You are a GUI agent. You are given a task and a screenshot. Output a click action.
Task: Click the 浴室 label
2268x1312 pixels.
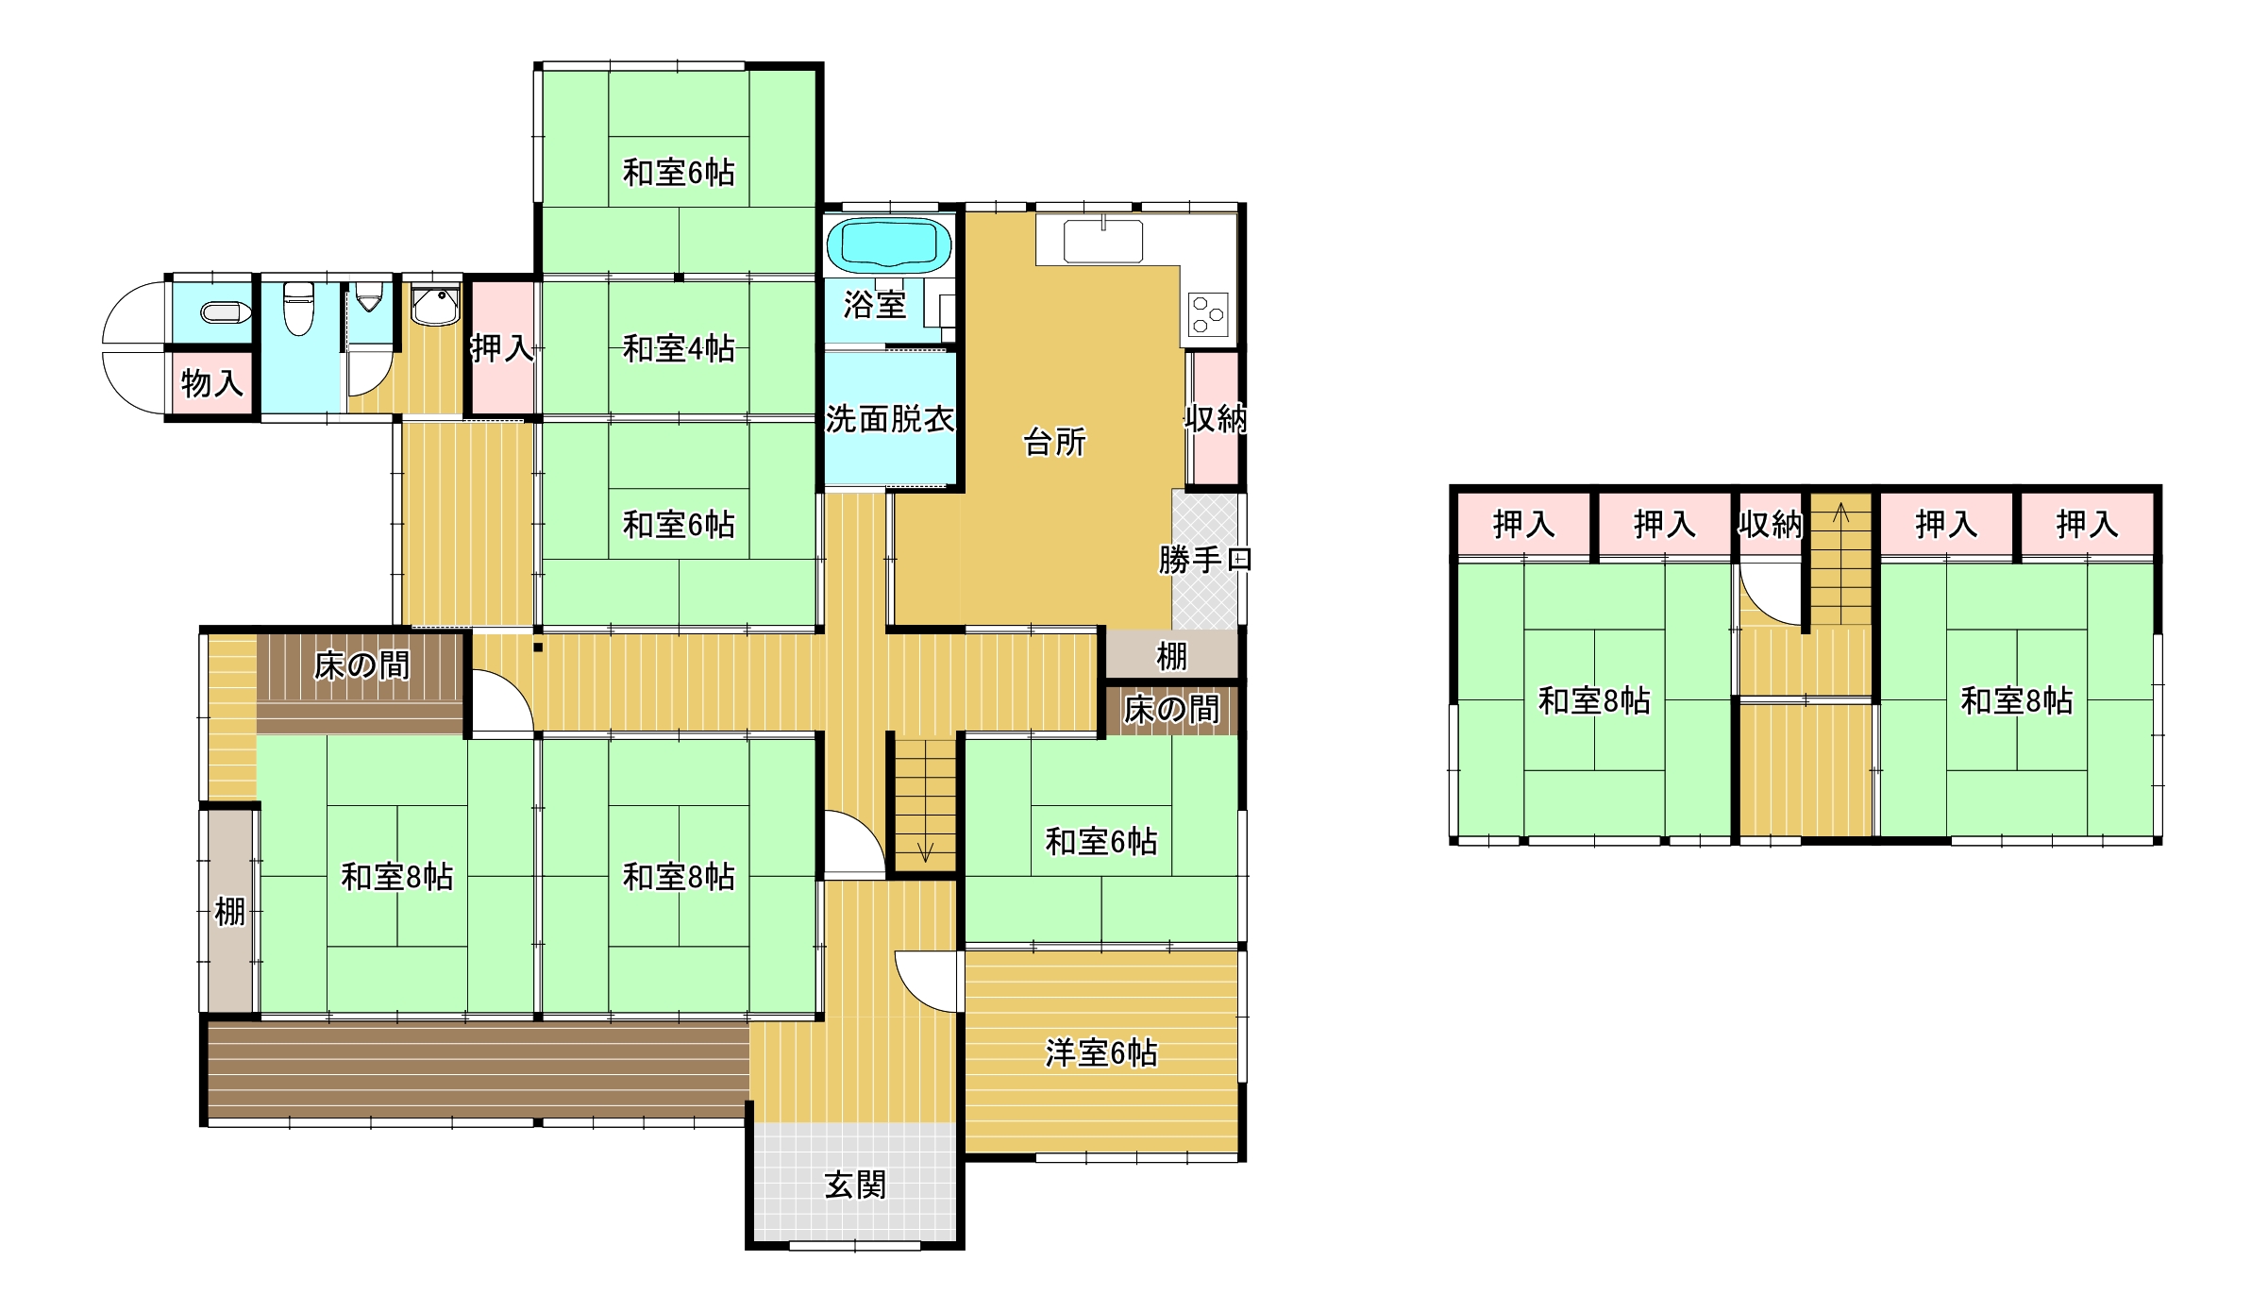pyautogui.click(x=874, y=304)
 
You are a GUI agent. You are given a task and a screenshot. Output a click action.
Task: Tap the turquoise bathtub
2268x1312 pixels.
pyautogui.click(x=888, y=245)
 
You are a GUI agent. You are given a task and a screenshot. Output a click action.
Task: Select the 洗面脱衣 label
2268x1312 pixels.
pyautogui.click(x=890, y=418)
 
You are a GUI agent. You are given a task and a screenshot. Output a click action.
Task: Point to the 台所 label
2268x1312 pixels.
pyautogui.click(x=1054, y=442)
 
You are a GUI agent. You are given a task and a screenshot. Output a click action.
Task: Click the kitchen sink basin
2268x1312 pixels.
pyautogui.click(x=1103, y=242)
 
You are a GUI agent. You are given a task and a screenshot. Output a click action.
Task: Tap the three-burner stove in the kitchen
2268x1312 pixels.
pyautogui.click(x=1208, y=315)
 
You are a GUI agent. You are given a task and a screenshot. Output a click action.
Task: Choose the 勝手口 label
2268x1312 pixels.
pyautogui.click(x=1205, y=560)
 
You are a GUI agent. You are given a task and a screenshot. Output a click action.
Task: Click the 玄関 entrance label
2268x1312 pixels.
pyautogui.click(x=855, y=1185)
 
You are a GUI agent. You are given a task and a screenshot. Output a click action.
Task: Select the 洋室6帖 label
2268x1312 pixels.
pyautogui.click(x=1101, y=1052)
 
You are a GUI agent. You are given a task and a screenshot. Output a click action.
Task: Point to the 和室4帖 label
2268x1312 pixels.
pyautogui.click(x=679, y=349)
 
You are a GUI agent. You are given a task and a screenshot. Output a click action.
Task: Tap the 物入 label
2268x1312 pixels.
pyautogui.click(x=211, y=383)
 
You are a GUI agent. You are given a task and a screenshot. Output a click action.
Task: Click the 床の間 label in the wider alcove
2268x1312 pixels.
pyautogui.click(x=362, y=666)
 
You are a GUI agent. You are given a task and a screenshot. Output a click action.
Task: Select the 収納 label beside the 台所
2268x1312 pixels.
pyautogui.click(x=1217, y=418)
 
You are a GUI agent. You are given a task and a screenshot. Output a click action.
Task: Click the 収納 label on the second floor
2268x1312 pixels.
pyautogui.click(x=1771, y=524)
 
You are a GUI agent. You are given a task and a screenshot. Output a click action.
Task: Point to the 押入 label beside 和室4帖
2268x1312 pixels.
pyautogui.click(x=502, y=348)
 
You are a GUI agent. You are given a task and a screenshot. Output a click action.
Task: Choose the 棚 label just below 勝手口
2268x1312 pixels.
pyautogui.click(x=1171, y=656)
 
